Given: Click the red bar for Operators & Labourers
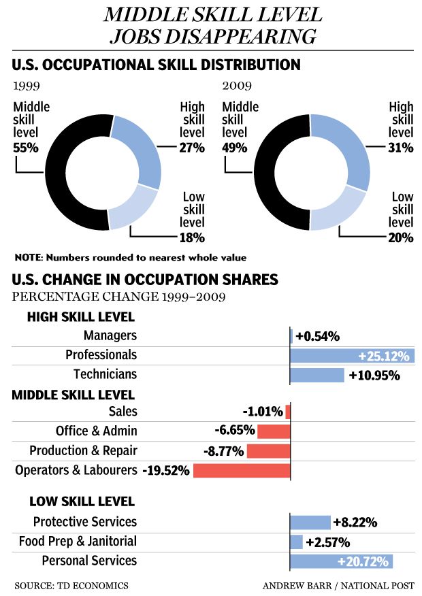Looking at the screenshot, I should click(x=242, y=471).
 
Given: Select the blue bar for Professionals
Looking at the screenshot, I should click(x=352, y=356).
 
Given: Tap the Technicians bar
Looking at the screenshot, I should click(x=317, y=375).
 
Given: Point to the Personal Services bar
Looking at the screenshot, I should click(x=341, y=561).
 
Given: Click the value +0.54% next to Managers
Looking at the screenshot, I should click(x=316, y=336).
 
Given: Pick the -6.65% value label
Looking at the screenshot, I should click(x=234, y=431).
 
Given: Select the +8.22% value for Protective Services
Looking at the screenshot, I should click(x=355, y=523).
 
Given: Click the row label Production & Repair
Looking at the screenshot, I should click(x=83, y=450).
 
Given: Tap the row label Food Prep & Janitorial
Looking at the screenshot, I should click(x=84, y=542).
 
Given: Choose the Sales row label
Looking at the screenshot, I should click(x=123, y=411).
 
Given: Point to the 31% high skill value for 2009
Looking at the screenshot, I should click(x=401, y=148).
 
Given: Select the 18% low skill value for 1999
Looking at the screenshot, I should click(x=192, y=237).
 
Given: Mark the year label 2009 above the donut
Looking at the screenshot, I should click(x=237, y=87).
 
